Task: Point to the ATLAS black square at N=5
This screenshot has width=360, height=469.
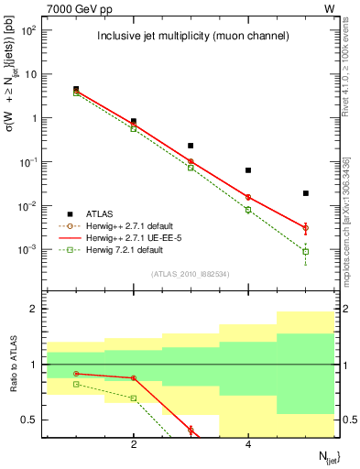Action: pos(306,193)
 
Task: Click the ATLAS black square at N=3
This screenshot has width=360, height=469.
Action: pos(191,146)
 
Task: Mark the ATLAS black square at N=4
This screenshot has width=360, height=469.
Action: pos(248,170)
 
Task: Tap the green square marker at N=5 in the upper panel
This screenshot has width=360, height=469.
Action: pos(306,251)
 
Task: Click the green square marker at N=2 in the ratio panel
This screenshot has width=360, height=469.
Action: pos(134,398)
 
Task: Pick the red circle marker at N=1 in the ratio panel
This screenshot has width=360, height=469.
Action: pos(76,373)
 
